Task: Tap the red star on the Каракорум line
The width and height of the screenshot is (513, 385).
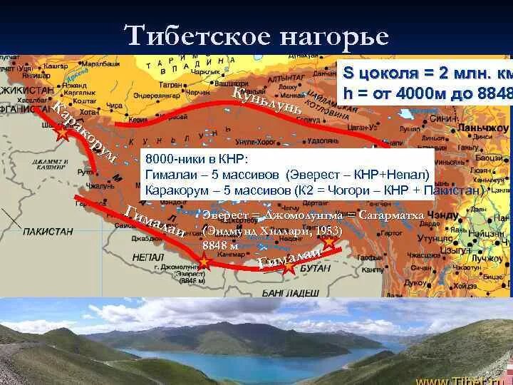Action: (62, 131)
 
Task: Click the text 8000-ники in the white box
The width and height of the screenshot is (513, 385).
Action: (172, 158)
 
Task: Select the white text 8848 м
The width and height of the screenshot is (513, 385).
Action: (220, 245)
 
